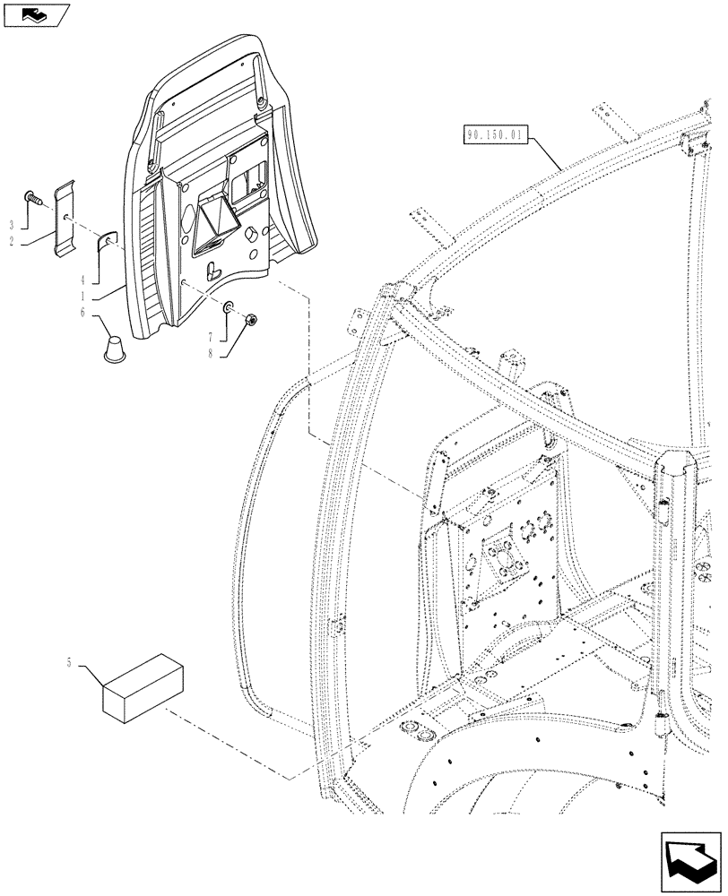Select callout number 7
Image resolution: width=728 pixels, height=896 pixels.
tap(211, 337)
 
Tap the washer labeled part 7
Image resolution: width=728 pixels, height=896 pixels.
tap(229, 309)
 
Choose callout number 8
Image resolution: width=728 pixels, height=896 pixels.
tap(211, 354)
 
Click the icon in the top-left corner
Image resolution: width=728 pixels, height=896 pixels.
tap(35, 13)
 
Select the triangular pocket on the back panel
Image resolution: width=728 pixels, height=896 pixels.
tap(214, 219)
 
